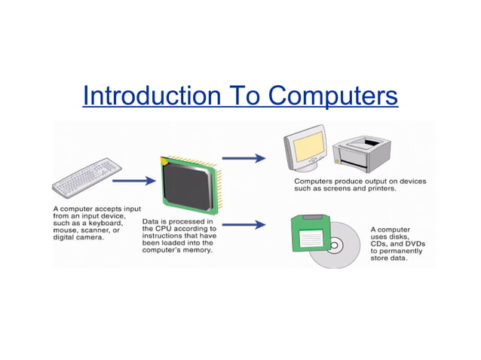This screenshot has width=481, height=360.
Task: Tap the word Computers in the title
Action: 332,96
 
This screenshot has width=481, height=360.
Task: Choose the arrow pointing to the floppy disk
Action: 244,224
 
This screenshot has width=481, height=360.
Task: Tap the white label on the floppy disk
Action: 311,239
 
